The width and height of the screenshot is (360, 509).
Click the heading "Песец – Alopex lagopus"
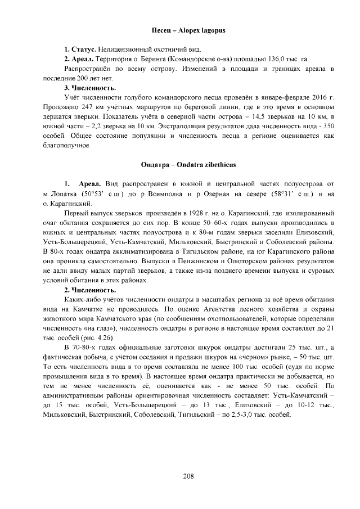pos(188,29)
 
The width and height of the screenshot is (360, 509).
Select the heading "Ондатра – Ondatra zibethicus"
pos(188,165)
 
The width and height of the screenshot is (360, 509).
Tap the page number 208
pos(188,476)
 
